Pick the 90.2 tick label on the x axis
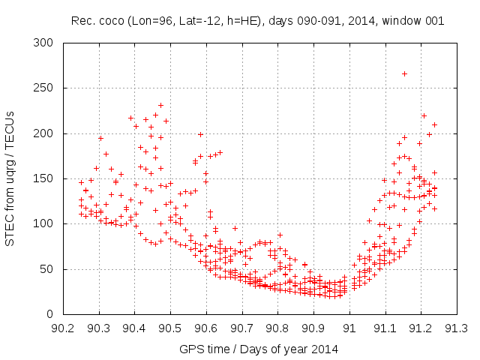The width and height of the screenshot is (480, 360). tap(63, 328)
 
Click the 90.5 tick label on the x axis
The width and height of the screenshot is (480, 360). tap(170, 328)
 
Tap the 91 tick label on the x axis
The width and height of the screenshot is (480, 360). tap(349, 328)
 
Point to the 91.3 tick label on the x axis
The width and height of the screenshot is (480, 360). tap(457, 328)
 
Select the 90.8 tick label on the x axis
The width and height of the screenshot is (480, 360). tap(277, 328)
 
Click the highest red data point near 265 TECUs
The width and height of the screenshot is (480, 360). tap(404, 73)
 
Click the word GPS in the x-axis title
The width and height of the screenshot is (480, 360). tap(190, 349)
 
